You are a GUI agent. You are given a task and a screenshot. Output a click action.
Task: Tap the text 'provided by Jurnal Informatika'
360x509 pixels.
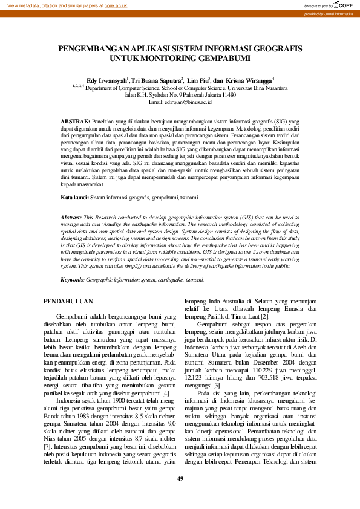point(329,13)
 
